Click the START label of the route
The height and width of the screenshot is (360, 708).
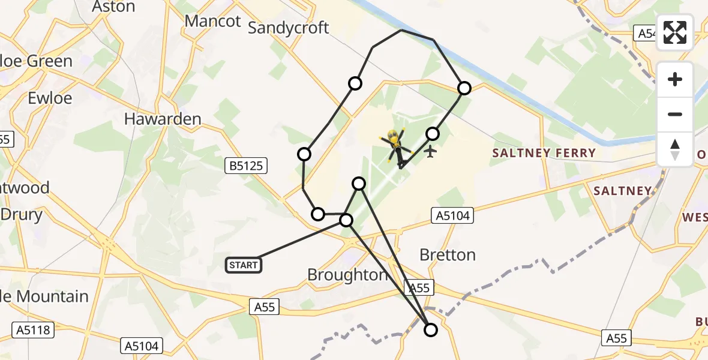[x=244, y=265]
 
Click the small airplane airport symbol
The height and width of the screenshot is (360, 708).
[x=431, y=152]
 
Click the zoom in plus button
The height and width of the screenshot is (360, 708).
[x=675, y=80]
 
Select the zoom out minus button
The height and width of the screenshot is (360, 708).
[x=675, y=114]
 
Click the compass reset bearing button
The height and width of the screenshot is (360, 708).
[x=675, y=148]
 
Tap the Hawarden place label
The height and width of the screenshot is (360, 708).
[x=163, y=119]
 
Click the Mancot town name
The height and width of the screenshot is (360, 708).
[x=212, y=21]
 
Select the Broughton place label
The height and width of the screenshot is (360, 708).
[x=347, y=275]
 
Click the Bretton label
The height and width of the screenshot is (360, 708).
[x=448, y=255]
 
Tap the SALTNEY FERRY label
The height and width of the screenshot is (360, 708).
[x=544, y=153]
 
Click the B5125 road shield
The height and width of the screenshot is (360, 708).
[x=246, y=166]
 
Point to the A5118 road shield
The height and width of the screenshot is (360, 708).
[x=33, y=329]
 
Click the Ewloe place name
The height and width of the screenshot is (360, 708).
[x=50, y=98]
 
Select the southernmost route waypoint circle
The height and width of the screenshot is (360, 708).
[x=431, y=329]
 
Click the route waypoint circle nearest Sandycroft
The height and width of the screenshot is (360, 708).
[x=355, y=83]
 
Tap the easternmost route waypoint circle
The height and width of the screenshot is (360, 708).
[x=464, y=88]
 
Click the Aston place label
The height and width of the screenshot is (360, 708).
[x=113, y=7]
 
